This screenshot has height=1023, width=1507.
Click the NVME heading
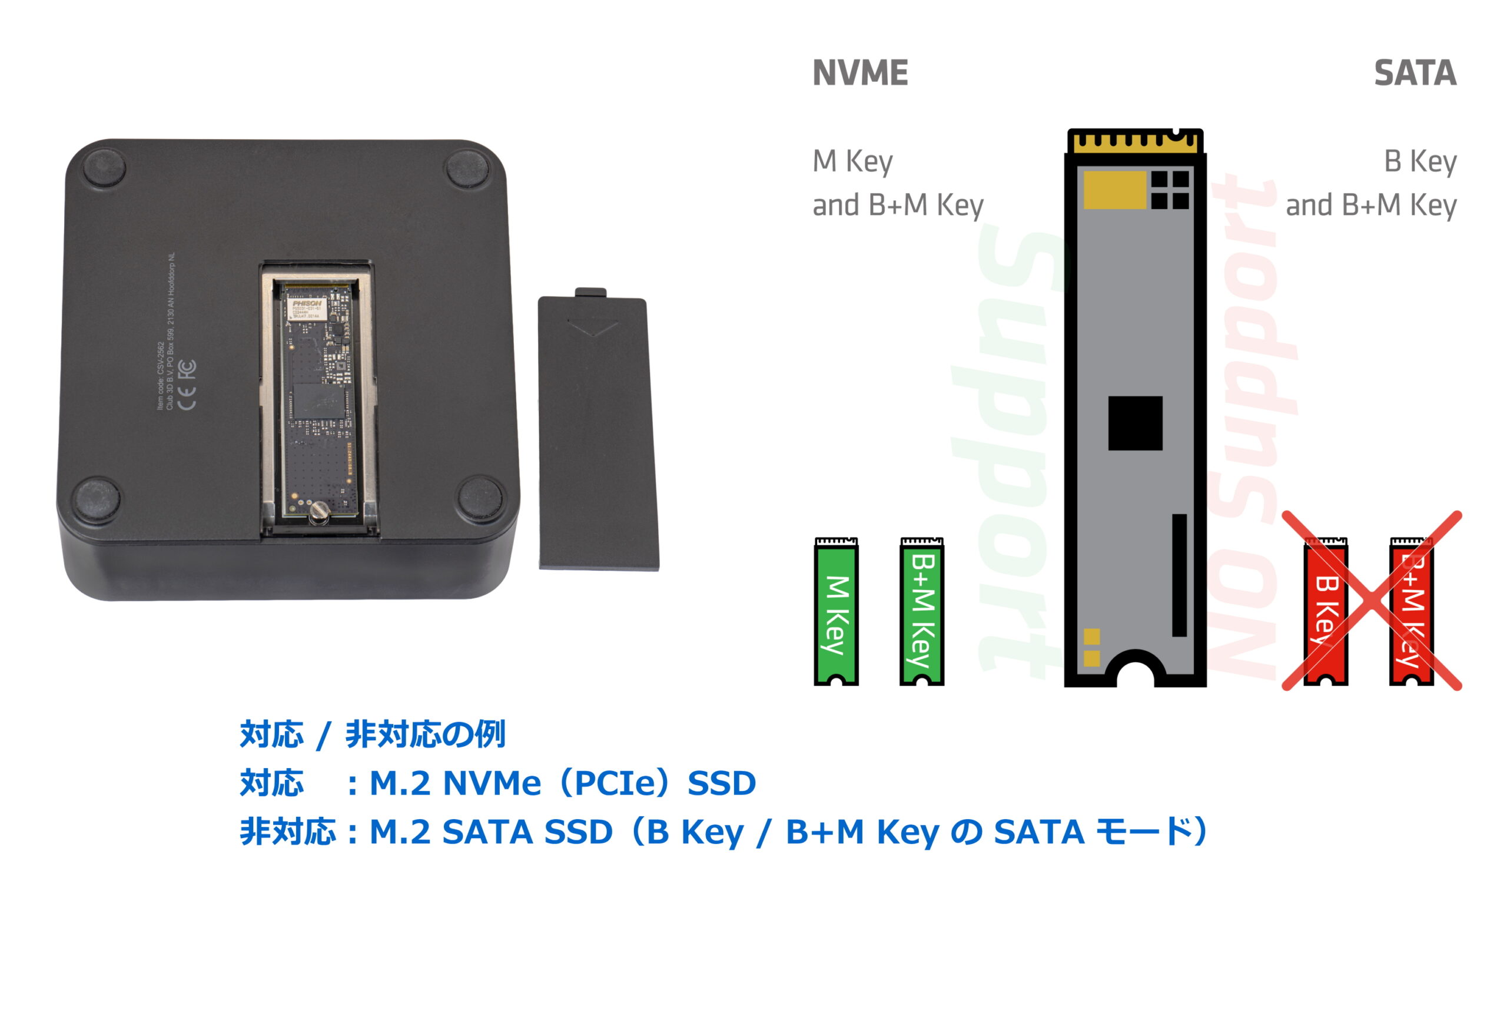point(860,72)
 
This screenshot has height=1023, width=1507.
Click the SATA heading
point(1415,72)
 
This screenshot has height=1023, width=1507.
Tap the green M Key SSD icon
point(836,612)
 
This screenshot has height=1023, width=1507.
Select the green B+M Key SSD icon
point(921,612)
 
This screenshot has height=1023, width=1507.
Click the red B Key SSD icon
point(1326,612)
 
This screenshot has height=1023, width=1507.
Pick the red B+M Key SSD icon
point(1411,612)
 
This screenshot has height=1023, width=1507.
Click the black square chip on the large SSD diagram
point(1135,423)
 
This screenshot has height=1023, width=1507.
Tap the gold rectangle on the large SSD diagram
point(1115,190)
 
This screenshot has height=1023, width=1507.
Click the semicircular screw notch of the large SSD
point(1136,675)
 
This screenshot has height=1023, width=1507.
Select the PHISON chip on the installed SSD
point(306,308)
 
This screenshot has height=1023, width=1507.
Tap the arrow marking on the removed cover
point(593,327)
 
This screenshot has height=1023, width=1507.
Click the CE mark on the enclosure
point(187,398)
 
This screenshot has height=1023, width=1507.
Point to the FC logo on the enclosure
point(187,369)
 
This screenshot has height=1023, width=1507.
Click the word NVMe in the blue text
point(491,784)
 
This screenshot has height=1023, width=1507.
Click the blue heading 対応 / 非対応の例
point(372,734)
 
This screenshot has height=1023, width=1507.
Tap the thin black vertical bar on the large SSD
point(1180,575)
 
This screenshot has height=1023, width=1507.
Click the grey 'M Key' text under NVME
point(852,161)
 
